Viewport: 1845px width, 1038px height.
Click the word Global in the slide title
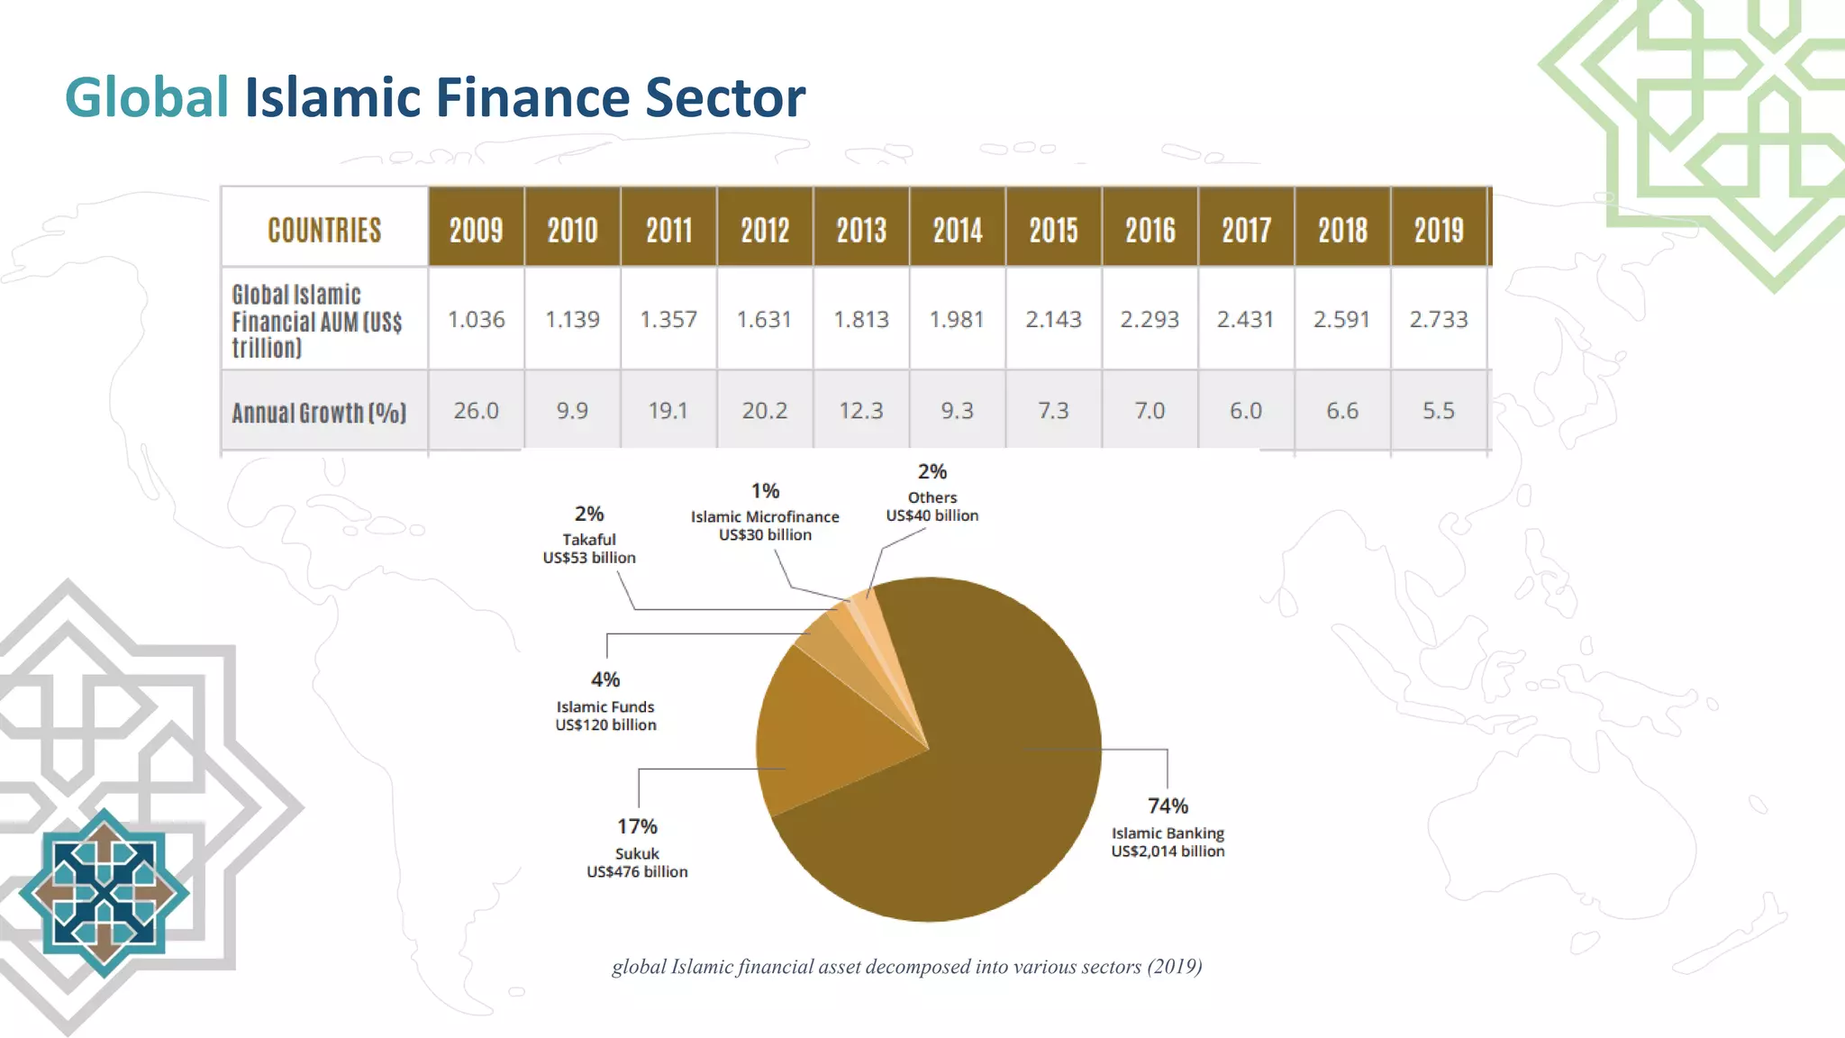click(x=147, y=97)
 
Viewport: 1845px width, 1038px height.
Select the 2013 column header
click(x=861, y=230)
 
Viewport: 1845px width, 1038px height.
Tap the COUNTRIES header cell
click(x=324, y=230)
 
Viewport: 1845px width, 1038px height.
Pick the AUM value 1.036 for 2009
click(x=477, y=320)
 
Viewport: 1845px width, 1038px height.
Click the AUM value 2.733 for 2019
click(x=1439, y=320)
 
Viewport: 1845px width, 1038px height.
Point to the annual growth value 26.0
click(x=476, y=411)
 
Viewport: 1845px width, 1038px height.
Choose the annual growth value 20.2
click(x=765, y=411)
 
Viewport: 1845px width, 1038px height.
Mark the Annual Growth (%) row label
click(x=319, y=413)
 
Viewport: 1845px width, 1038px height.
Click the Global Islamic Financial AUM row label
click(x=317, y=321)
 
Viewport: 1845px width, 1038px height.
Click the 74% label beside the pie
click(x=1168, y=806)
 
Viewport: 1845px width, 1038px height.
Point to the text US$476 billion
click(x=637, y=872)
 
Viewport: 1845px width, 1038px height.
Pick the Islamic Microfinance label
click(x=765, y=516)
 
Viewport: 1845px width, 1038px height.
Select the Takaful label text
click(x=589, y=540)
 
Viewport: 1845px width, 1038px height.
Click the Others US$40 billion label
click(x=932, y=506)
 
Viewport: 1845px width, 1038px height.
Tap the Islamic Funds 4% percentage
click(x=605, y=679)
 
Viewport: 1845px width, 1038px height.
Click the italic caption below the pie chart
click(x=906, y=967)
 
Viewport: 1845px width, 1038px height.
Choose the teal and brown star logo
click(x=105, y=892)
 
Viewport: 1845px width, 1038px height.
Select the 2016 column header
click(x=1150, y=230)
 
